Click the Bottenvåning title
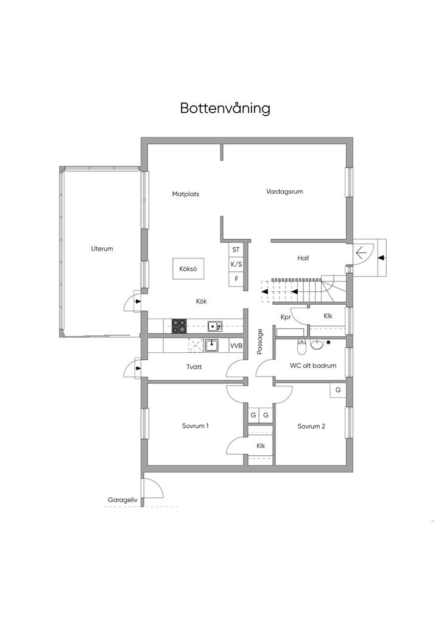(225, 108)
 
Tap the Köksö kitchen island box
(188, 268)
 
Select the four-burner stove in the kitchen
(179, 326)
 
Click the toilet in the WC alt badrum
(302, 348)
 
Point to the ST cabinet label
(236, 249)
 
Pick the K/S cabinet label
(236, 264)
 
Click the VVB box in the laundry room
(236, 346)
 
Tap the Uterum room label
(102, 249)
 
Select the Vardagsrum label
(284, 191)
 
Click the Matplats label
(185, 194)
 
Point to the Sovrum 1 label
(196, 426)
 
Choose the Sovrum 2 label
(311, 427)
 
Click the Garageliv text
(123, 500)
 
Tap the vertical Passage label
(260, 342)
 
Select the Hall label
(303, 258)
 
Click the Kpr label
(285, 317)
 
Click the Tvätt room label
(194, 367)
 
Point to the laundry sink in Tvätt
(211, 346)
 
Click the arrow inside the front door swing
(360, 252)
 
